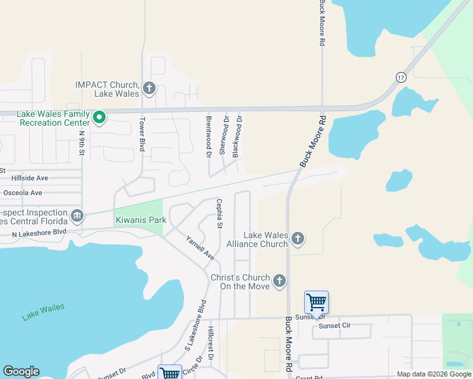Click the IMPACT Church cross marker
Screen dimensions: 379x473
149,88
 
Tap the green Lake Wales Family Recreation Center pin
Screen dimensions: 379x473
99,117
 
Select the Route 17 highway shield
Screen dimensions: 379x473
401,77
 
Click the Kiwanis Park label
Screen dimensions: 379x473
140,220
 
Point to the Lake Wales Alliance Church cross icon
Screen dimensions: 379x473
298,239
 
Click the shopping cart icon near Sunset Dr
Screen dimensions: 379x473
316,303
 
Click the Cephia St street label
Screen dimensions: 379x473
219,214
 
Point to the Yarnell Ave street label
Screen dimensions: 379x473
200,248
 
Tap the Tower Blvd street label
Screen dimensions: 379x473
142,133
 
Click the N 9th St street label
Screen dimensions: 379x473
82,145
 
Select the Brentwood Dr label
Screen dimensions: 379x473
207,136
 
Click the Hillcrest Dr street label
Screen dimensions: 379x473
211,344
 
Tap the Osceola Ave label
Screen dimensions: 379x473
22,193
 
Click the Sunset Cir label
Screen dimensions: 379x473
335,326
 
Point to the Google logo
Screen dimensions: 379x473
21,371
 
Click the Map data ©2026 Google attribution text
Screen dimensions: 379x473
433,374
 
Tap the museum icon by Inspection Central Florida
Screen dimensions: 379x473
77,216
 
